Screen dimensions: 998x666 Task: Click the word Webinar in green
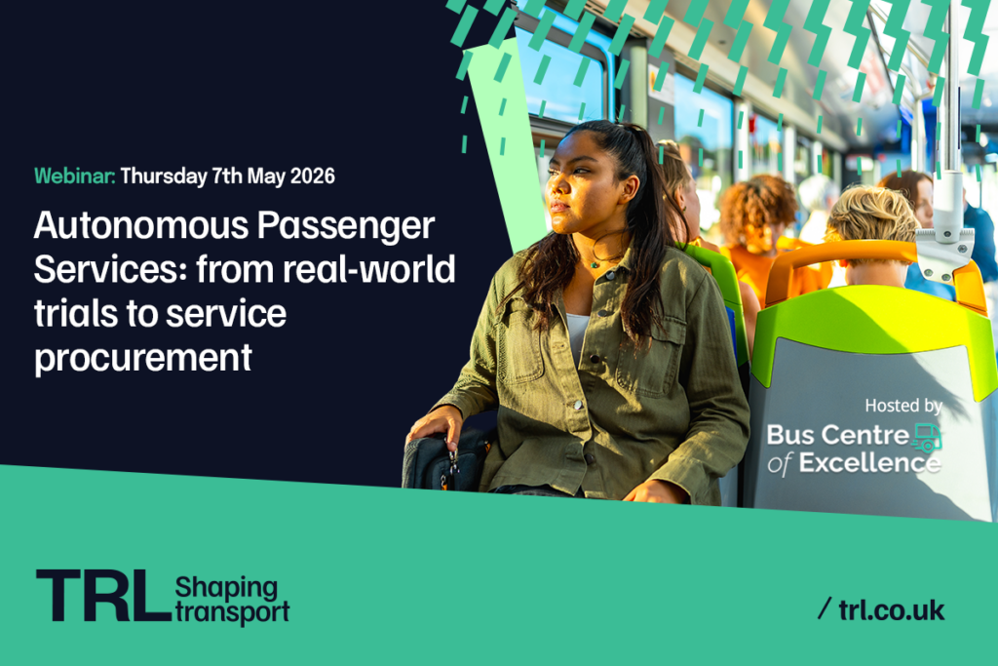[x=74, y=176]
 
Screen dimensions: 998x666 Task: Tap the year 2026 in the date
[x=313, y=176]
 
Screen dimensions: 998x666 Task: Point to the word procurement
[x=143, y=359]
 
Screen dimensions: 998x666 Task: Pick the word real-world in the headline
[x=369, y=269]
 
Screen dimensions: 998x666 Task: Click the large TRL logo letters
[x=103, y=596]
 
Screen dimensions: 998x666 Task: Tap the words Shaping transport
[x=232, y=599]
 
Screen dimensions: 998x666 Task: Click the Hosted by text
[x=903, y=405]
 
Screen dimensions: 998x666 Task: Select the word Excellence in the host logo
[x=870, y=463]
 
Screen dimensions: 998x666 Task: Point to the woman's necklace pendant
[x=595, y=264]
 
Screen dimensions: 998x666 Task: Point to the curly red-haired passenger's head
[x=756, y=209]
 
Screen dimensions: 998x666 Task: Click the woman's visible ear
[x=631, y=188]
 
